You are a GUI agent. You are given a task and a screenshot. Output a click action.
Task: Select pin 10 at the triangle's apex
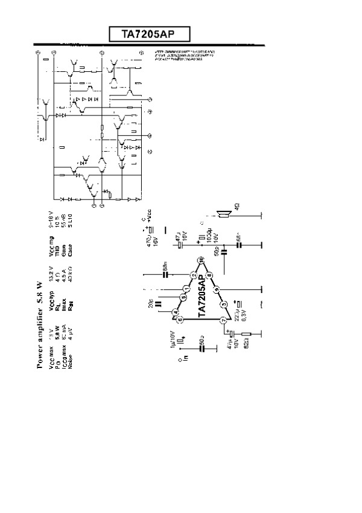(x=202, y=259)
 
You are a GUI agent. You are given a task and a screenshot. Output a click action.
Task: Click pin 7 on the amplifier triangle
(x=223, y=320)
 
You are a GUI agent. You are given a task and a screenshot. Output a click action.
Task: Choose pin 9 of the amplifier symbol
(x=216, y=287)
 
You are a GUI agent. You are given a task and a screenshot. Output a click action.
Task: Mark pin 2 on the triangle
(x=193, y=276)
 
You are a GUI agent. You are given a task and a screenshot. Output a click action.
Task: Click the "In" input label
(x=185, y=358)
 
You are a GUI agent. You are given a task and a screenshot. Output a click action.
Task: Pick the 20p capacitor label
(x=151, y=303)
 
